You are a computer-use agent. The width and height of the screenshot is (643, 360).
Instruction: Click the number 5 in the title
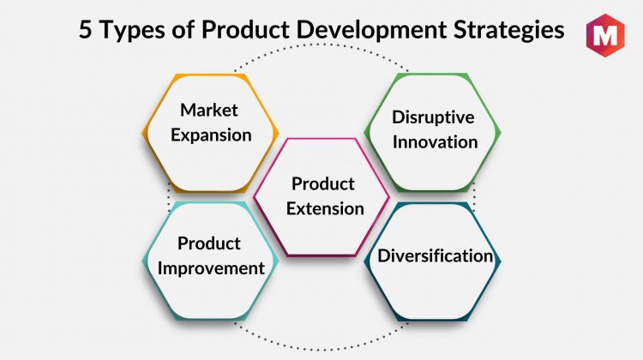click(85, 29)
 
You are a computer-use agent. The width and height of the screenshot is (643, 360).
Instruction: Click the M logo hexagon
click(605, 35)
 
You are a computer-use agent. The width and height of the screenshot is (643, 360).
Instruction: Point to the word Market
click(209, 110)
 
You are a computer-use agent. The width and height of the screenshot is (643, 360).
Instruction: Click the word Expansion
click(211, 135)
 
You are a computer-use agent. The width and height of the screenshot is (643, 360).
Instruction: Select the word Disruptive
click(433, 117)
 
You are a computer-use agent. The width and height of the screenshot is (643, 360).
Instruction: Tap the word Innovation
click(435, 142)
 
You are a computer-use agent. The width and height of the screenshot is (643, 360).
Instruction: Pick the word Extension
click(325, 208)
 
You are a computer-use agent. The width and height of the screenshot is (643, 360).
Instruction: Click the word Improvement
click(211, 269)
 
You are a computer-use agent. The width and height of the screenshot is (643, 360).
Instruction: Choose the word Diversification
click(435, 255)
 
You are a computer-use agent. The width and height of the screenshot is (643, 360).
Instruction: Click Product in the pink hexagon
click(323, 183)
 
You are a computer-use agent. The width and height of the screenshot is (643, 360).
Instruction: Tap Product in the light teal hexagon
click(209, 243)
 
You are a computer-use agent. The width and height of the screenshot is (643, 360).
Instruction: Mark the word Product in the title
click(247, 29)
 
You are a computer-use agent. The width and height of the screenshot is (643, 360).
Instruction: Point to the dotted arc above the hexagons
click(321, 45)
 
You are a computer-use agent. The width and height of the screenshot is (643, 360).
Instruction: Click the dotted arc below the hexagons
click(321, 350)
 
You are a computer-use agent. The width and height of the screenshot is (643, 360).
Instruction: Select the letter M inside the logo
click(605, 36)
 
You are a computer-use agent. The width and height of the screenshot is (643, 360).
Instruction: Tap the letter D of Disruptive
click(399, 117)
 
